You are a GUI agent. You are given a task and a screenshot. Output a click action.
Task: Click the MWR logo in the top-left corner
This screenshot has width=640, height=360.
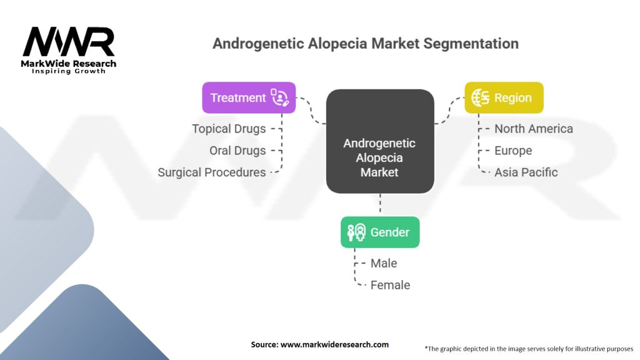click(x=69, y=42)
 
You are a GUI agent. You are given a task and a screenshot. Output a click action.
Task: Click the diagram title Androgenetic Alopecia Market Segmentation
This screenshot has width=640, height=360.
click(x=365, y=44)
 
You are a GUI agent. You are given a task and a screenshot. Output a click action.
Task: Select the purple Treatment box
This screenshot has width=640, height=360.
click(x=249, y=97)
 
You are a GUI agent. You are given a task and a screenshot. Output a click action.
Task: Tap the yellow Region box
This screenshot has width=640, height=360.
click(x=504, y=97)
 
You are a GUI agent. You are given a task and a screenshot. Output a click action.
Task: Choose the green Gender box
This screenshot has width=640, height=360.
click(x=380, y=232)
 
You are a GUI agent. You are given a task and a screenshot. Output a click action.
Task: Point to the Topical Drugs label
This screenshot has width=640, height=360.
click(x=229, y=129)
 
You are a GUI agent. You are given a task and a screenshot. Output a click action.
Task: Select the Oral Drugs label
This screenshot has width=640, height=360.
click(x=237, y=151)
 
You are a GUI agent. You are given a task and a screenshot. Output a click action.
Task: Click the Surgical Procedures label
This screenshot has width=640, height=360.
click(x=212, y=172)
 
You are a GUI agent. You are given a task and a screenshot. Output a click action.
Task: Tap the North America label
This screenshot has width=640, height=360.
click(x=533, y=129)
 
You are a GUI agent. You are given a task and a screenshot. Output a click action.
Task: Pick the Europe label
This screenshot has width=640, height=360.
click(x=513, y=151)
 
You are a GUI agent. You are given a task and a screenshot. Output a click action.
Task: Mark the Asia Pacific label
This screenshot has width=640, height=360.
click(x=526, y=172)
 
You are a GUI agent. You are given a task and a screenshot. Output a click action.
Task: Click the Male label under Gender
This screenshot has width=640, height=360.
click(x=384, y=263)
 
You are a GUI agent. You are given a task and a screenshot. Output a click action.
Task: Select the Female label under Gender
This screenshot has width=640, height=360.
click(x=390, y=285)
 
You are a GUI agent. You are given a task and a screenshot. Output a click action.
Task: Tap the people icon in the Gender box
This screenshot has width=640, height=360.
click(x=356, y=232)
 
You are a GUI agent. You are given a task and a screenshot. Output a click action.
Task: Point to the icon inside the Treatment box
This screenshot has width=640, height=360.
click(x=279, y=97)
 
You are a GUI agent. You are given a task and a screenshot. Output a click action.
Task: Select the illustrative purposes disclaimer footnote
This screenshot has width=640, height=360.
click(x=529, y=348)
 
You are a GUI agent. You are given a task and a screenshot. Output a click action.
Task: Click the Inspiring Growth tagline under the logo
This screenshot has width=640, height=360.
click(x=69, y=71)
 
